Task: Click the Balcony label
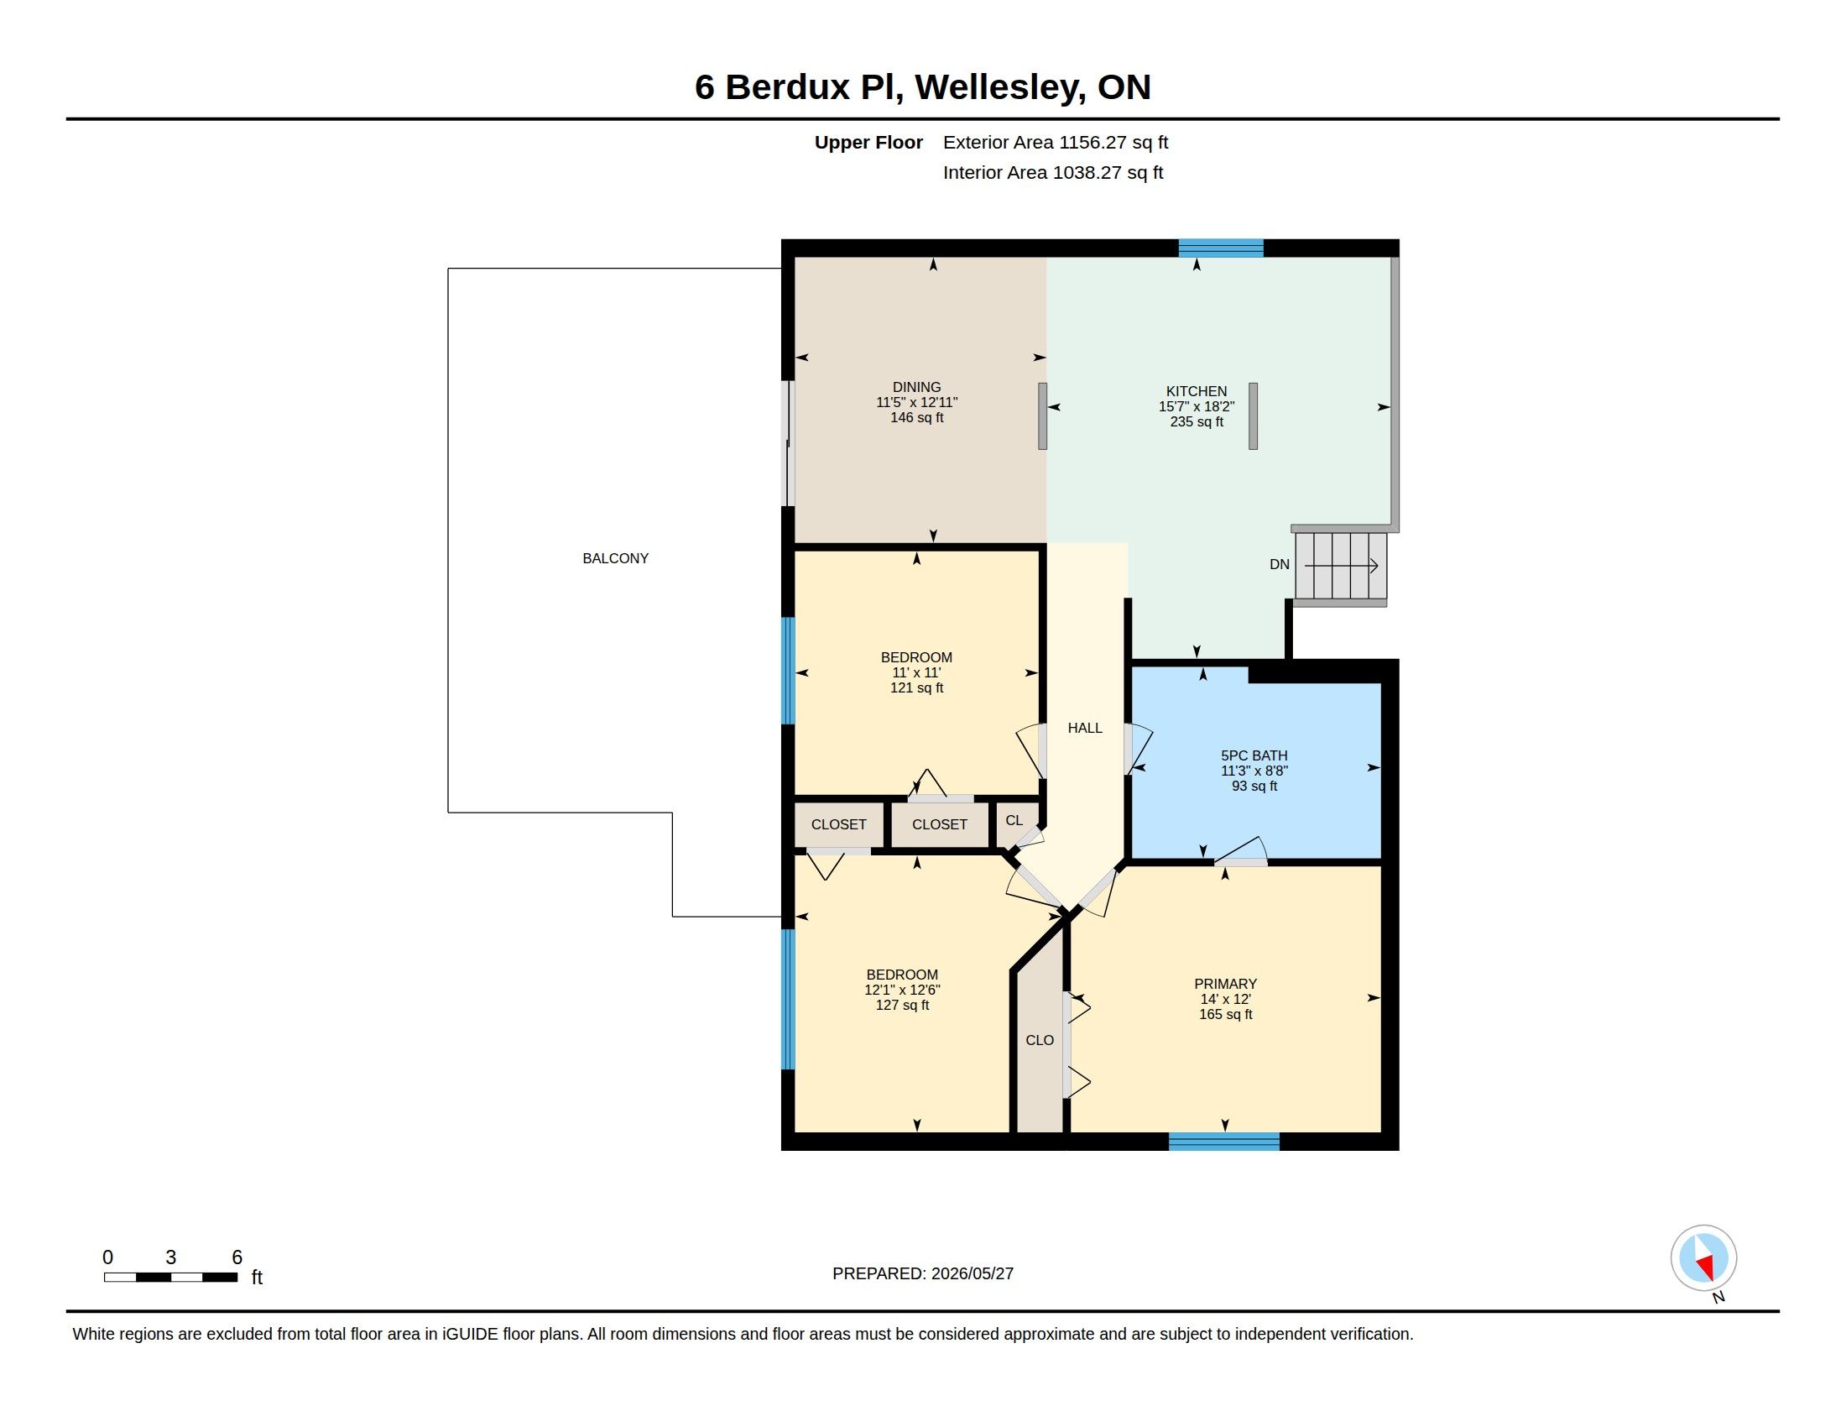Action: point(615,558)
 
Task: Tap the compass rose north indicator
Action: point(1703,1258)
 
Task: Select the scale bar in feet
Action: point(170,1277)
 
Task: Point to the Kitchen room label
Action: point(1196,391)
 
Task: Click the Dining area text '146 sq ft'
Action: point(917,418)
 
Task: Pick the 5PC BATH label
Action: point(1254,755)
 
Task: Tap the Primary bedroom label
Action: point(1226,983)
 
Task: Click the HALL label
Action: point(1085,728)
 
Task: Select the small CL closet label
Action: point(1014,820)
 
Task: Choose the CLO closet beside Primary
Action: point(1040,1040)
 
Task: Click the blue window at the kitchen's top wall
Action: point(1222,248)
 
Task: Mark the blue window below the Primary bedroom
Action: point(1224,1142)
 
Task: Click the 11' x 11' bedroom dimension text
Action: point(917,673)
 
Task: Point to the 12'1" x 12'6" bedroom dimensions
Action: point(902,990)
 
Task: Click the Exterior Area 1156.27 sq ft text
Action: point(1056,142)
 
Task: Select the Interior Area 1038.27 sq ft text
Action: point(1053,172)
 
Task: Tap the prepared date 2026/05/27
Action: point(972,1273)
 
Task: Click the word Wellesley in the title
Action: point(1001,87)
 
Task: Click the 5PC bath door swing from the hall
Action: point(1139,749)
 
